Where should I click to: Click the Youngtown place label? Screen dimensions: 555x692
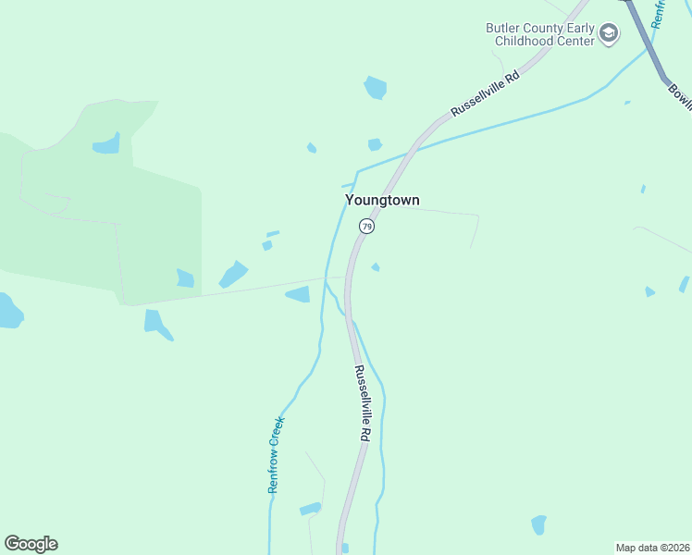coord(383,200)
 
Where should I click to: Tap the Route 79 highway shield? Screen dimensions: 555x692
coord(367,227)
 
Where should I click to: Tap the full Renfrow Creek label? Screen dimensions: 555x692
coord(276,455)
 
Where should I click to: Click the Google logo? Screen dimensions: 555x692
coord(31,544)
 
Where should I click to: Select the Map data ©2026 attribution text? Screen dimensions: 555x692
coord(652,547)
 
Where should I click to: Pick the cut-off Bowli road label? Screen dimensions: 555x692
coord(679,97)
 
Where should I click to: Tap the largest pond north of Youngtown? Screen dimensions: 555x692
coord(375,88)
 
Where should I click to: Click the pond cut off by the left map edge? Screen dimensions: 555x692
coord(8,311)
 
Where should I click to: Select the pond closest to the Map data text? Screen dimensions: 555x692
coord(538,524)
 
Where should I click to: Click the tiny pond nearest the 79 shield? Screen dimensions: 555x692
coord(375,267)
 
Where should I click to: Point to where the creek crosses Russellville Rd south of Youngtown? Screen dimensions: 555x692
coord(350,319)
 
